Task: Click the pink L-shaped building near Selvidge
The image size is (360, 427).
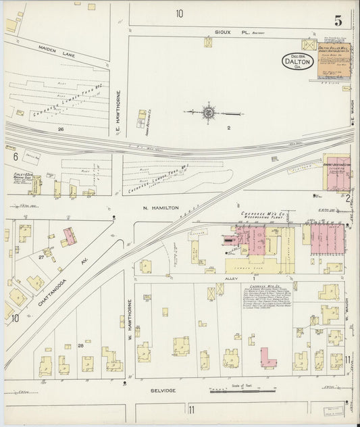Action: (x=267, y=357)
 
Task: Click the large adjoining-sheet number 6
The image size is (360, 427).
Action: (x=15, y=157)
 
